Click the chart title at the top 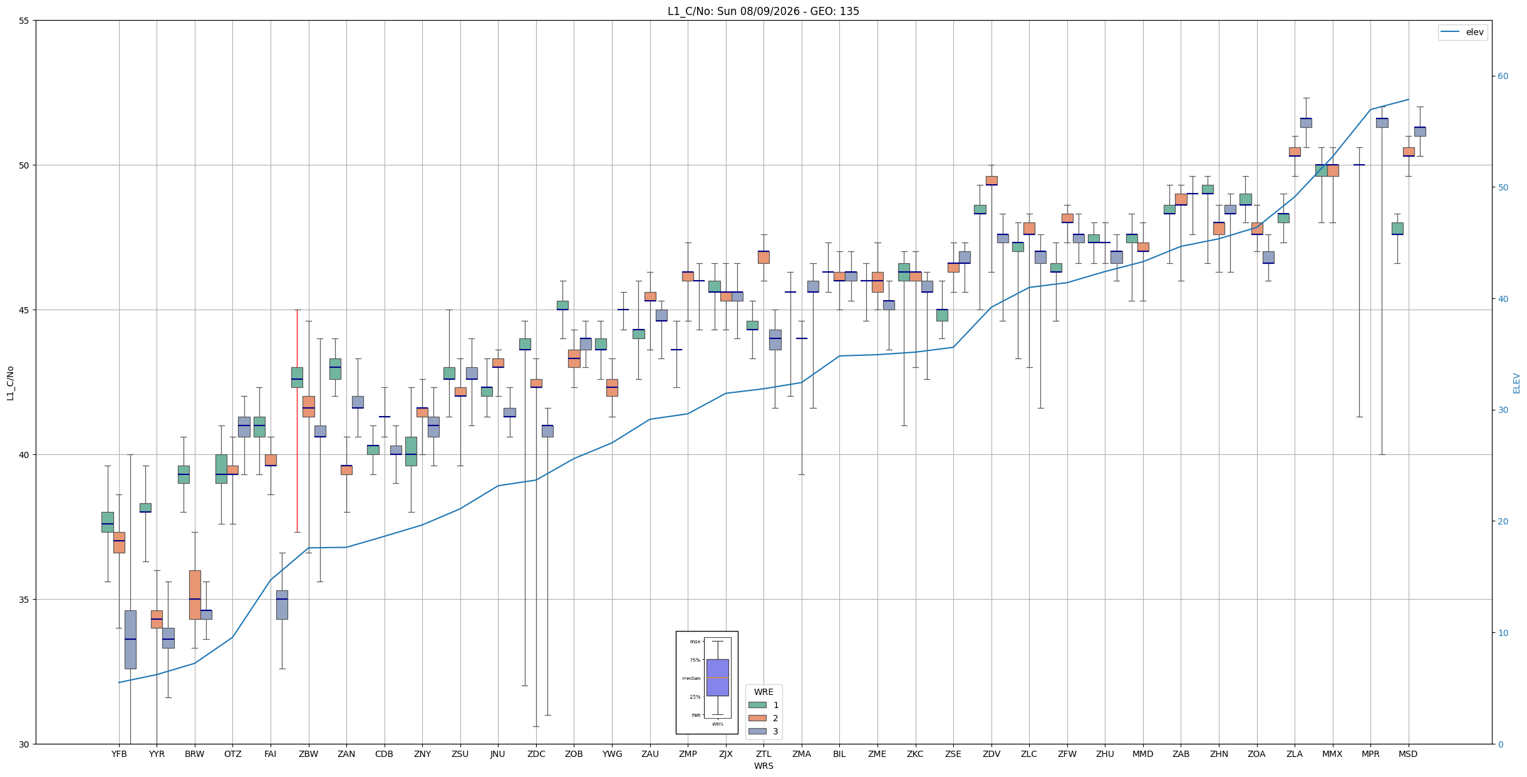pyautogui.click(x=763, y=11)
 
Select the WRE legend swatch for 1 pyautogui.click(x=757, y=705)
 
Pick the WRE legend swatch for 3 pyautogui.click(x=757, y=731)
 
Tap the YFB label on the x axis pyautogui.click(x=119, y=754)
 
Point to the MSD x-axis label pyautogui.click(x=1408, y=754)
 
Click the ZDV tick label pyautogui.click(x=991, y=754)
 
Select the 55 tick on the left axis pyautogui.click(x=24, y=21)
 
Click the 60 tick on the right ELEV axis pyautogui.click(x=1503, y=76)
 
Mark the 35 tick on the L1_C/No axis pyautogui.click(x=24, y=600)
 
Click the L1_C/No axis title pyautogui.click(x=10, y=383)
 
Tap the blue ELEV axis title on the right pyautogui.click(x=1516, y=383)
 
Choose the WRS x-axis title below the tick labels pyautogui.click(x=763, y=766)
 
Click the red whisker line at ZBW pyautogui.click(x=297, y=421)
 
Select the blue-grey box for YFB pyautogui.click(x=130, y=640)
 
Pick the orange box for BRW pyautogui.click(x=195, y=595)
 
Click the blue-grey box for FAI pyautogui.click(x=282, y=605)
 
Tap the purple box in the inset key pyautogui.click(x=718, y=677)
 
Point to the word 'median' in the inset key pyautogui.click(x=691, y=678)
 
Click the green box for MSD pyautogui.click(x=1397, y=229)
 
